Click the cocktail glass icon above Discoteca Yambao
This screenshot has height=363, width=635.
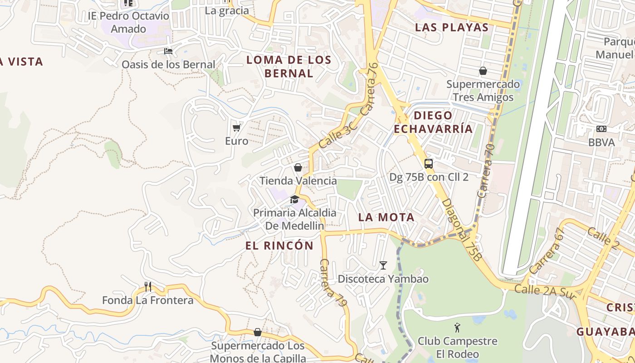tap(383, 265)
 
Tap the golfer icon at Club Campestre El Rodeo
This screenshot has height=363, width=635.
tap(457, 327)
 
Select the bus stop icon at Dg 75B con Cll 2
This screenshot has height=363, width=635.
tap(429, 164)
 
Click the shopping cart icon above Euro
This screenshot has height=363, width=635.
tap(236, 128)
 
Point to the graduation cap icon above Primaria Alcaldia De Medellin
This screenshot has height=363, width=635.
tap(294, 199)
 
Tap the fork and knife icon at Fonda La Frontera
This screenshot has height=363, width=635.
tap(147, 286)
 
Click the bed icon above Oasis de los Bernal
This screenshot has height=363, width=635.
tap(168, 51)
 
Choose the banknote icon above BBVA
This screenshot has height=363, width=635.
tap(601, 129)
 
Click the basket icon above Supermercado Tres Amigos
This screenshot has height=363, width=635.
tap(483, 71)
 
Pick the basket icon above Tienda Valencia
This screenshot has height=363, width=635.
tap(298, 167)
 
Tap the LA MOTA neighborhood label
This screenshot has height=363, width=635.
tap(386, 217)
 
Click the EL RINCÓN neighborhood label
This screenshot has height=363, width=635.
tap(279, 245)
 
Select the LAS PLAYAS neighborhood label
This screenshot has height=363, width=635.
tap(452, 27)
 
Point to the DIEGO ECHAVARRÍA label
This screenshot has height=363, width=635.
tap(433, 122)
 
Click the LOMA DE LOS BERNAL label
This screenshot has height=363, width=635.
tap(288, 66)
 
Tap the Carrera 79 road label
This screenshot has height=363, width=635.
tap(333, 282)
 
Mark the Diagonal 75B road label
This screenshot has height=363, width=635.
tap(461, 230)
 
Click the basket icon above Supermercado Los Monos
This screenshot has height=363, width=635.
tap(258, 332)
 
